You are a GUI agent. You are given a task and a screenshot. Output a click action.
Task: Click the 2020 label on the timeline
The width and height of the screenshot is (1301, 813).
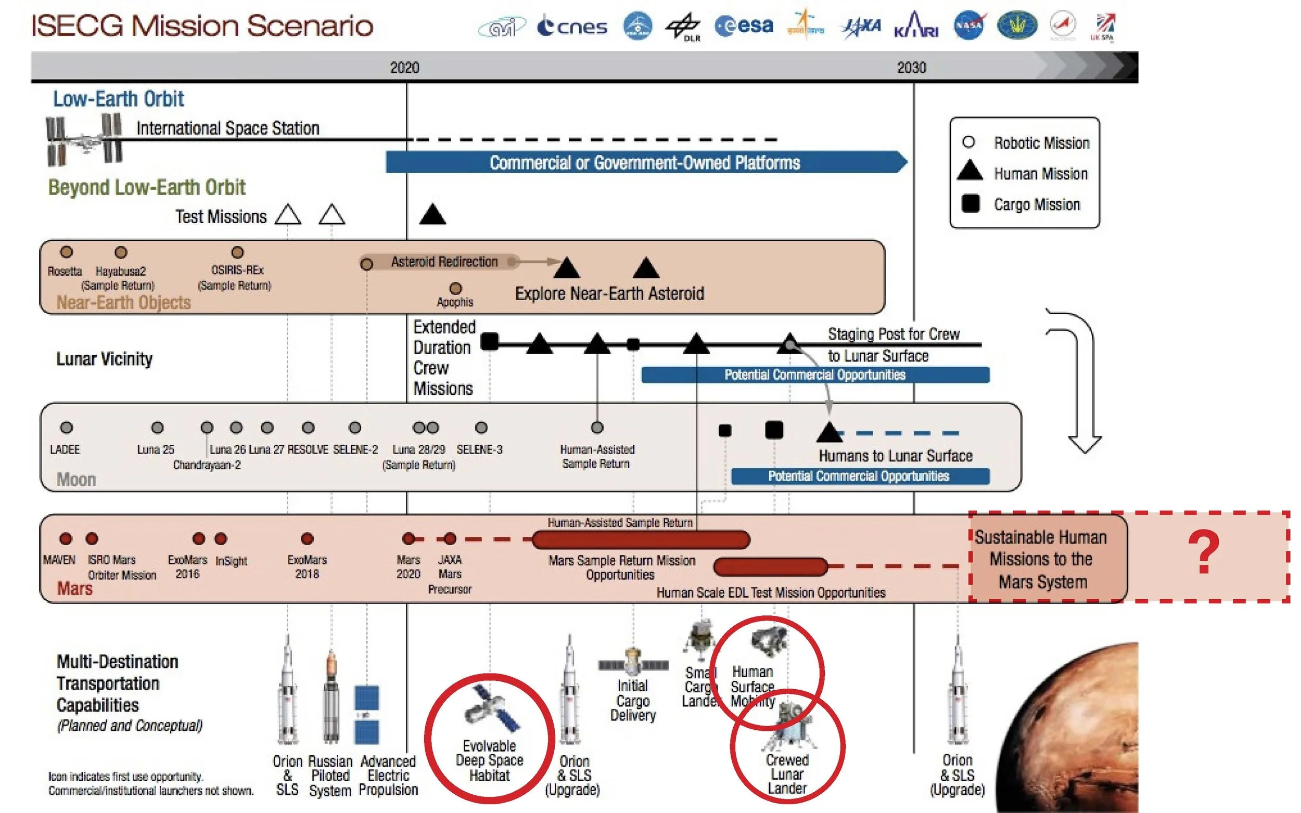pos(404,68)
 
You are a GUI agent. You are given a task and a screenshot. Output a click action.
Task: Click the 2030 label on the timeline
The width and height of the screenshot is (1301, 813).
pos(911,68)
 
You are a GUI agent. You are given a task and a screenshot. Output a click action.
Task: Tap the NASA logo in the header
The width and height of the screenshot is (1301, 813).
pos(969,25)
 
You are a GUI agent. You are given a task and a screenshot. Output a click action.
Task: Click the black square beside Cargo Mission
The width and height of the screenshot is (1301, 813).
pos(970,204)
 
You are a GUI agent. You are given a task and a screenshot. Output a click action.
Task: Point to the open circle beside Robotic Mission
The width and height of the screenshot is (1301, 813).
pos(968,143)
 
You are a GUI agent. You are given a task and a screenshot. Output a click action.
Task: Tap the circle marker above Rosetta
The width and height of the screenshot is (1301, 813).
pos(67,252)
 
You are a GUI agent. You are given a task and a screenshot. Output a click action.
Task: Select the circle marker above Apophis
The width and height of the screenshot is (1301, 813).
pos(455,289)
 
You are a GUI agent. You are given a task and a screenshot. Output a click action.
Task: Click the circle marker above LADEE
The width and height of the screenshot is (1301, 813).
pos(66,428)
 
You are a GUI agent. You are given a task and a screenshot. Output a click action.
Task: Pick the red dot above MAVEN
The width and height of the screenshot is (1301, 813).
pos(66,539)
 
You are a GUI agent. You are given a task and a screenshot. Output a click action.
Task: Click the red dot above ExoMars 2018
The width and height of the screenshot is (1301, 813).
pos(307,539)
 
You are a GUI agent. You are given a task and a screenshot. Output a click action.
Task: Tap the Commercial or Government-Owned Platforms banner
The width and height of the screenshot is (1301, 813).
pos(645,162)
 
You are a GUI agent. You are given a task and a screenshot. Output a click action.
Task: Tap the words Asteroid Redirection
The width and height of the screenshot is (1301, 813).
pos(444,262)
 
